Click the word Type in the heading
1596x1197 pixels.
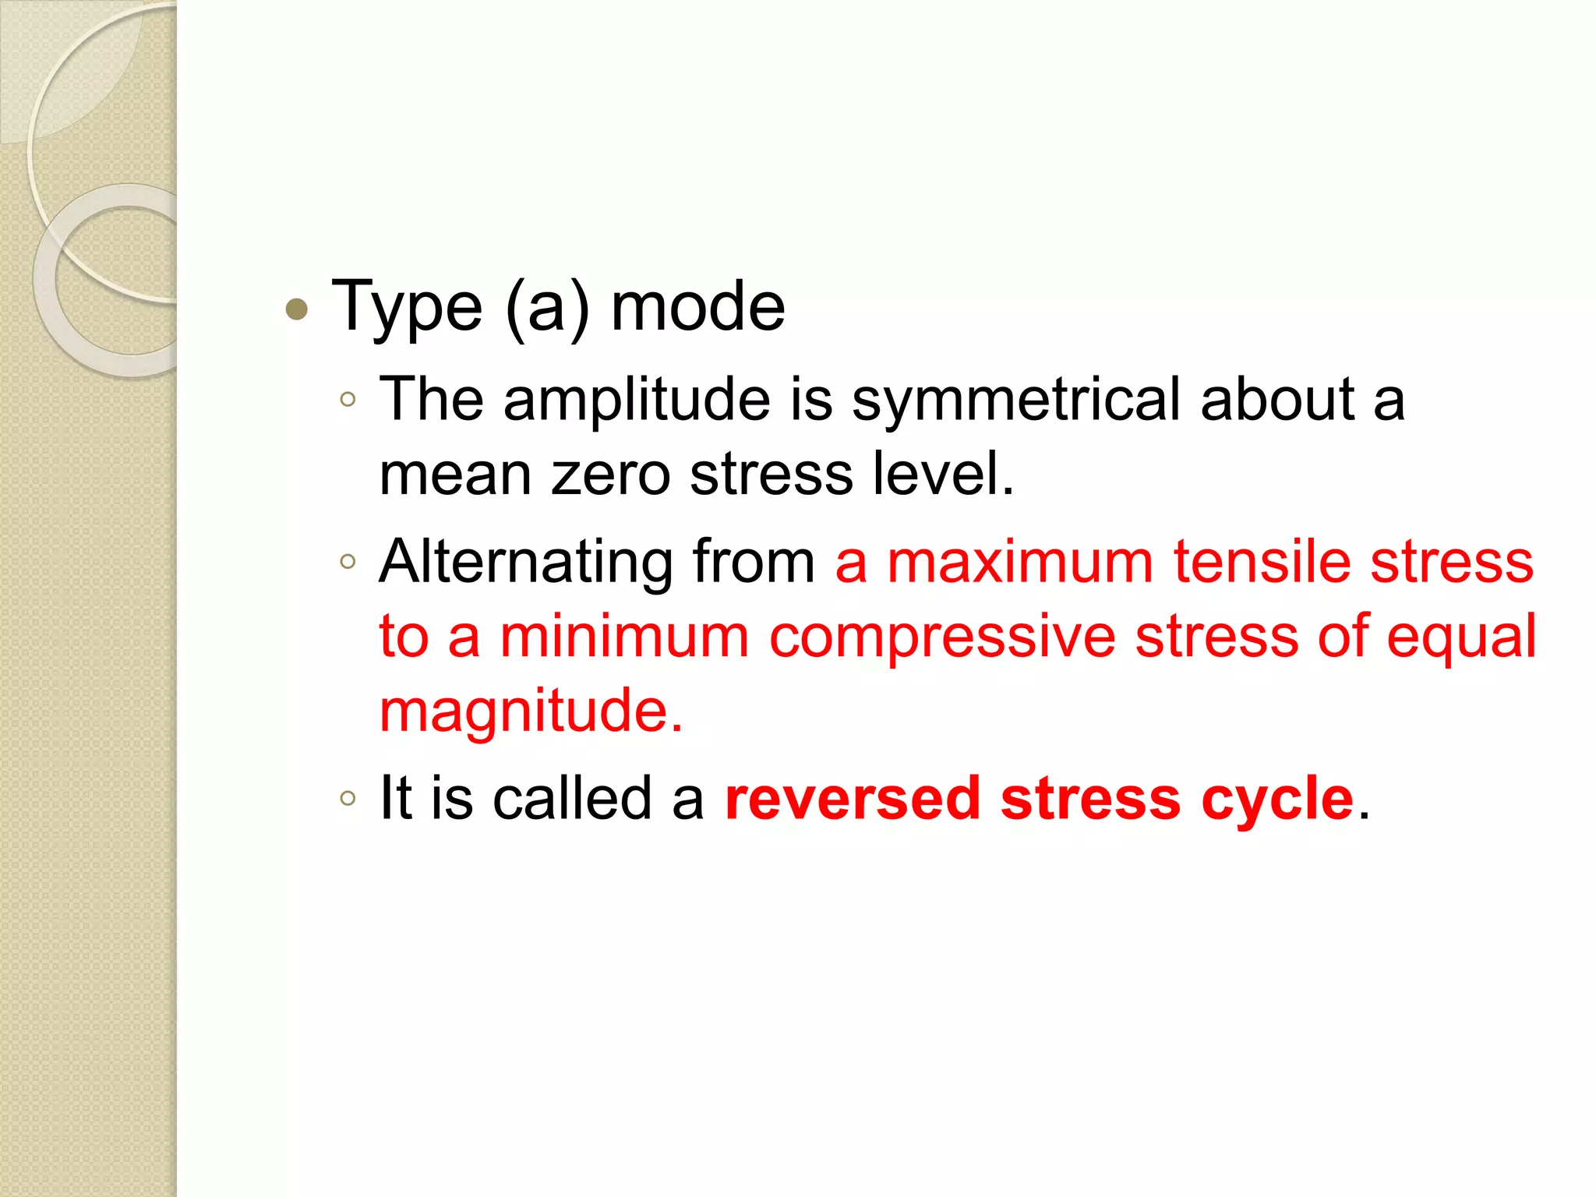click(407, 309)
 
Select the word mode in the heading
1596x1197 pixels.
click(697, 307)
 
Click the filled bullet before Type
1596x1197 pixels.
click(297, 310)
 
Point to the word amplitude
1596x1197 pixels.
click(637, 399)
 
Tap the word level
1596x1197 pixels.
click(943, 473)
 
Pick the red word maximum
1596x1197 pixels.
click(1020, 562)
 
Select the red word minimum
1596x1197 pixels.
click(624, 636)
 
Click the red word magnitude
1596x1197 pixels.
click(530, 712)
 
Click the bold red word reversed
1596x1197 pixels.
click(852, 798)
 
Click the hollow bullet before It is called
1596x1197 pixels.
click(348, 798)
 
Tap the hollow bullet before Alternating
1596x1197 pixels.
click(348, 561)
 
